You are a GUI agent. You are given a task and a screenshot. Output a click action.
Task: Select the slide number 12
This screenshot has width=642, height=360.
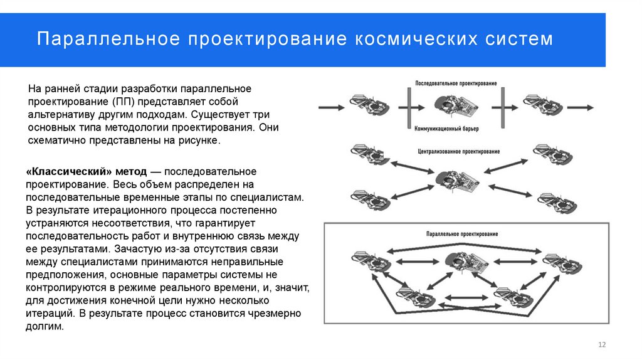point(603,345)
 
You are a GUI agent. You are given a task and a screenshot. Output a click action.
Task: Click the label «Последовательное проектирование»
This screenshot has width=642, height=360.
point(456,83)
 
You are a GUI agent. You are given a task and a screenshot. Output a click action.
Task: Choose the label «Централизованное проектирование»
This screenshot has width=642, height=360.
point(458,152)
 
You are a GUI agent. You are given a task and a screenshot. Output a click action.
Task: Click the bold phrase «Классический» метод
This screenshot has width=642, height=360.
point(86,171)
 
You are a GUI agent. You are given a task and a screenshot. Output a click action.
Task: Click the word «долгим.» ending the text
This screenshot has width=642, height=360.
point(45,327)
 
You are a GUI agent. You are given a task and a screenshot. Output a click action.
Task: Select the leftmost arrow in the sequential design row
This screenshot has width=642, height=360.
point(332,107)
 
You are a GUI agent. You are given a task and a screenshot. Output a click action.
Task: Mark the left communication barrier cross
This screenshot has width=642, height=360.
point(408,107)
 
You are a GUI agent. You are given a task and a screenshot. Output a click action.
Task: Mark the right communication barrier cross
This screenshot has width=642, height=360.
point(503,107)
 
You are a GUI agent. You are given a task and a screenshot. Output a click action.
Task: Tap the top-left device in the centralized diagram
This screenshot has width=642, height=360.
point(366,152)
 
